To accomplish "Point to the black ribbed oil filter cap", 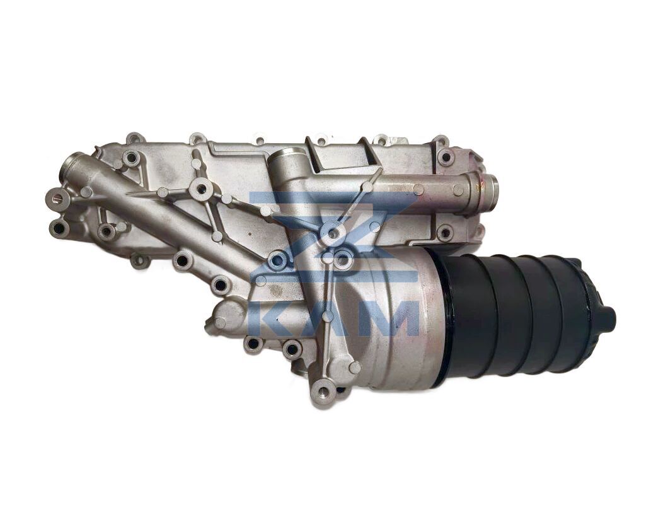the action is click(x=522, y=315).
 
